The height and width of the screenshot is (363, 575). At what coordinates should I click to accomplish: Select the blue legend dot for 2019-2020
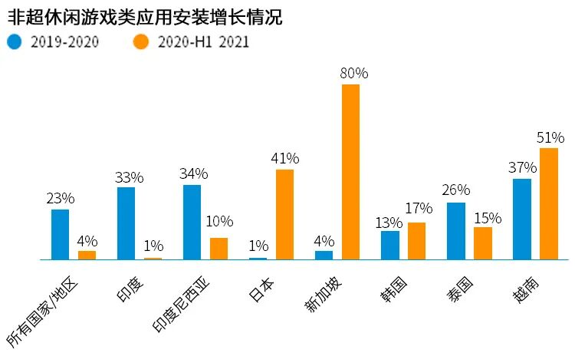click(x=15, y=42)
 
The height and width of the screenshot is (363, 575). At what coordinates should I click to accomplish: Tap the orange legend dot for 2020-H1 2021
click(x=142, y=42)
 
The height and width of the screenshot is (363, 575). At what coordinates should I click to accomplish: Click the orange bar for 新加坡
click(x=350, y=172)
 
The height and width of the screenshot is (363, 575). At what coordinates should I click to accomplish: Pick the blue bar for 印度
click(x=126, y=223)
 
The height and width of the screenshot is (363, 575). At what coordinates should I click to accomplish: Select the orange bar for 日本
click(x=284, y=214)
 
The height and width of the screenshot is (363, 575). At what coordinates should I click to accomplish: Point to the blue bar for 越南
click(x=522, y=219)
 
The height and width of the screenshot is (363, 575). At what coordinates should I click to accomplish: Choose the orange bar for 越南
click(x=549, y=204)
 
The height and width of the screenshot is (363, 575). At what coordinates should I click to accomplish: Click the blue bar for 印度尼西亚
click(x=192, y=223)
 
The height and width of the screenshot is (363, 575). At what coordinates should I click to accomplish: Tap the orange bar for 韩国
click(x=417, y=241)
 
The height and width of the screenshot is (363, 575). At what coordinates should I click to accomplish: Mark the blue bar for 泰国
click(x=456, y=231)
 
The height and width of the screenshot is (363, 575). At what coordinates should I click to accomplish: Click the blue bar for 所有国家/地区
click(x=60, y=234)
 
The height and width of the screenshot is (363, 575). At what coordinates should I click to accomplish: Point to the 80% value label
click(x=354, y=74)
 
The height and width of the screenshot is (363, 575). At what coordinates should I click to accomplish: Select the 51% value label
click(x=550, y=137)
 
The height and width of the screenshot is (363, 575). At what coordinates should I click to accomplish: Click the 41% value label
click(x=284, y=159)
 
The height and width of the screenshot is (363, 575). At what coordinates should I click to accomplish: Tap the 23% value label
click(x=61, y=199)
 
